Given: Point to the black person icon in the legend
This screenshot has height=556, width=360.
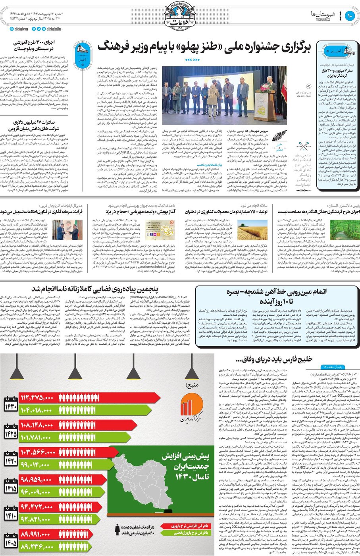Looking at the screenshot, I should [118, 529].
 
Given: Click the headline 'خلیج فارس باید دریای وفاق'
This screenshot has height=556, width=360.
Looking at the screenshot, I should [273, 359].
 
